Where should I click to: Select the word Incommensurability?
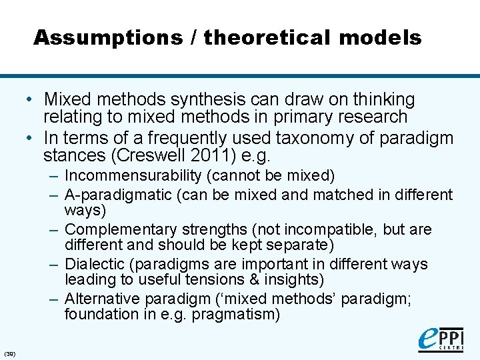[133, 176]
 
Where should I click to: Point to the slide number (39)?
[10, 353]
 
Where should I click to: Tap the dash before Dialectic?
[53, 264]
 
